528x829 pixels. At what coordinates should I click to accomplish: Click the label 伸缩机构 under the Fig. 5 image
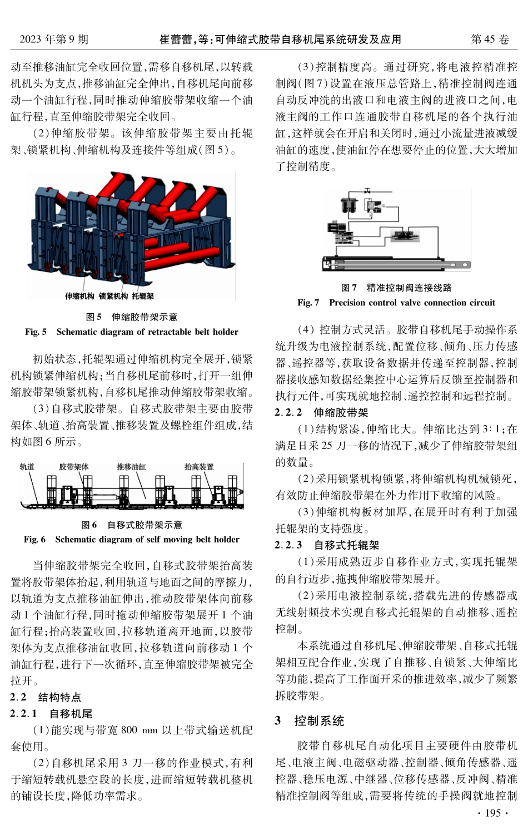point(79,296)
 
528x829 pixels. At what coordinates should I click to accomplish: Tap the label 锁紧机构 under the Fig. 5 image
point(113,296)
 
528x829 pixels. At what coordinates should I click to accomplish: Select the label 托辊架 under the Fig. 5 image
point(143,296)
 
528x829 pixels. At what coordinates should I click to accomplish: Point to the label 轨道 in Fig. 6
point(27,467)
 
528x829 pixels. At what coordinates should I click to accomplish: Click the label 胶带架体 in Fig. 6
point(74,467)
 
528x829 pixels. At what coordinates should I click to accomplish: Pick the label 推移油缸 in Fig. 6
point(131,467)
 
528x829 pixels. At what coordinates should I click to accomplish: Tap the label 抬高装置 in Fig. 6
point(199,467)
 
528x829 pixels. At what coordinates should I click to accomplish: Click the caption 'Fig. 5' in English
point(36,332)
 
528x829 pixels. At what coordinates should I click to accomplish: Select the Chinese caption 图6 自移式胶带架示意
point(132,525)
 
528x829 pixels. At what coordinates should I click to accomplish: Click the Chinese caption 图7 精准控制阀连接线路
point(396,288)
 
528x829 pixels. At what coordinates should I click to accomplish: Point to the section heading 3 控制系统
point(310,721)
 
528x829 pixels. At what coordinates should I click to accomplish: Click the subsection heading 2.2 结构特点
point(46,697)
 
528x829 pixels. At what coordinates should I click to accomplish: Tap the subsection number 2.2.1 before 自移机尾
point(23,713)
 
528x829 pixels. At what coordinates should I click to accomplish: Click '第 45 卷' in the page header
point(490,40)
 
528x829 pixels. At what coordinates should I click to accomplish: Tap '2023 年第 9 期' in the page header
point(54,40)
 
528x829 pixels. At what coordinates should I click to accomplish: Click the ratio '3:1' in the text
point(492,430)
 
